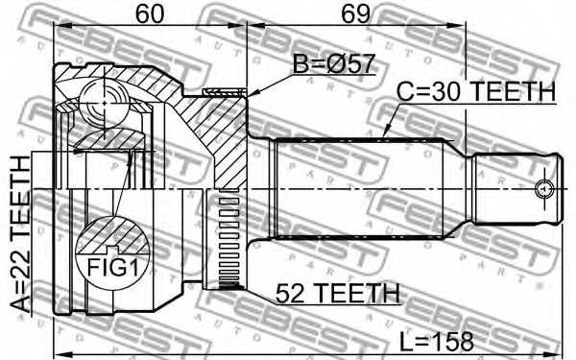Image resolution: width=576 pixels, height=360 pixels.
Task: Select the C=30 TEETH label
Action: pyautogui.click(x=476, y=91)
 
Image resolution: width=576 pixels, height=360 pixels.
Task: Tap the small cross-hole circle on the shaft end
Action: pyautogui.click(x=544, y=187)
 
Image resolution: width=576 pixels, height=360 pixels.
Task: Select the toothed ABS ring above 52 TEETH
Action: pyautogui.click(x=228, y=240)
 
